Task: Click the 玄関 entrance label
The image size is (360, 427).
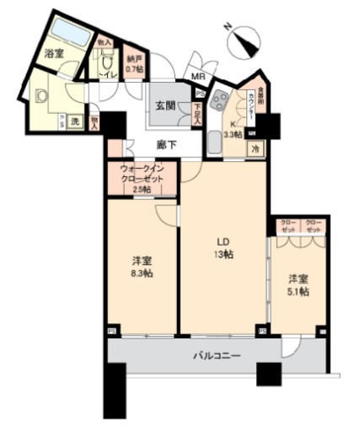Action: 164,107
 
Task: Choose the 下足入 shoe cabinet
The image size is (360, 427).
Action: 196,112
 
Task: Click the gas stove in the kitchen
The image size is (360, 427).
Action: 220,100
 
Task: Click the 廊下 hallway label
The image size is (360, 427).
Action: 166,144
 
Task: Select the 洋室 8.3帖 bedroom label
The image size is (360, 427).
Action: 142,267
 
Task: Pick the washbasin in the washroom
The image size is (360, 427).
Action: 39,96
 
